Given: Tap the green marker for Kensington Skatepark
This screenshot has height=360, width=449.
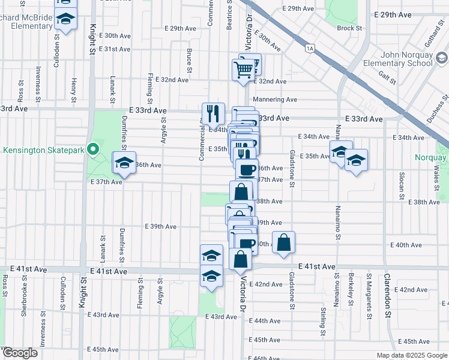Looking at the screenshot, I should click(93, 149).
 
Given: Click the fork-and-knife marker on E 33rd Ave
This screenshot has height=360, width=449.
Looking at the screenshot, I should click(213, 113).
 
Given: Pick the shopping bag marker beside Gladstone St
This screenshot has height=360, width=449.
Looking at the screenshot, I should click(284, 242).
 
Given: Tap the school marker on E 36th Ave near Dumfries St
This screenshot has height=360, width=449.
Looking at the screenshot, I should click(124, 164).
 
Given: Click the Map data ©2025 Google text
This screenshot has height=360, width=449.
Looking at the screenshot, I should click(412, 355).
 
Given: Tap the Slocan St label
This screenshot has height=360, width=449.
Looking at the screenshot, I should click(400, 182).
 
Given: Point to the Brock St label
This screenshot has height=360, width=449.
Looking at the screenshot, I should click(349, 28).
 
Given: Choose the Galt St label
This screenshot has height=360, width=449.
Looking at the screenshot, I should click(387, 74).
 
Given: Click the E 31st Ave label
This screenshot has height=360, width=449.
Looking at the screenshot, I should click(115, 49).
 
